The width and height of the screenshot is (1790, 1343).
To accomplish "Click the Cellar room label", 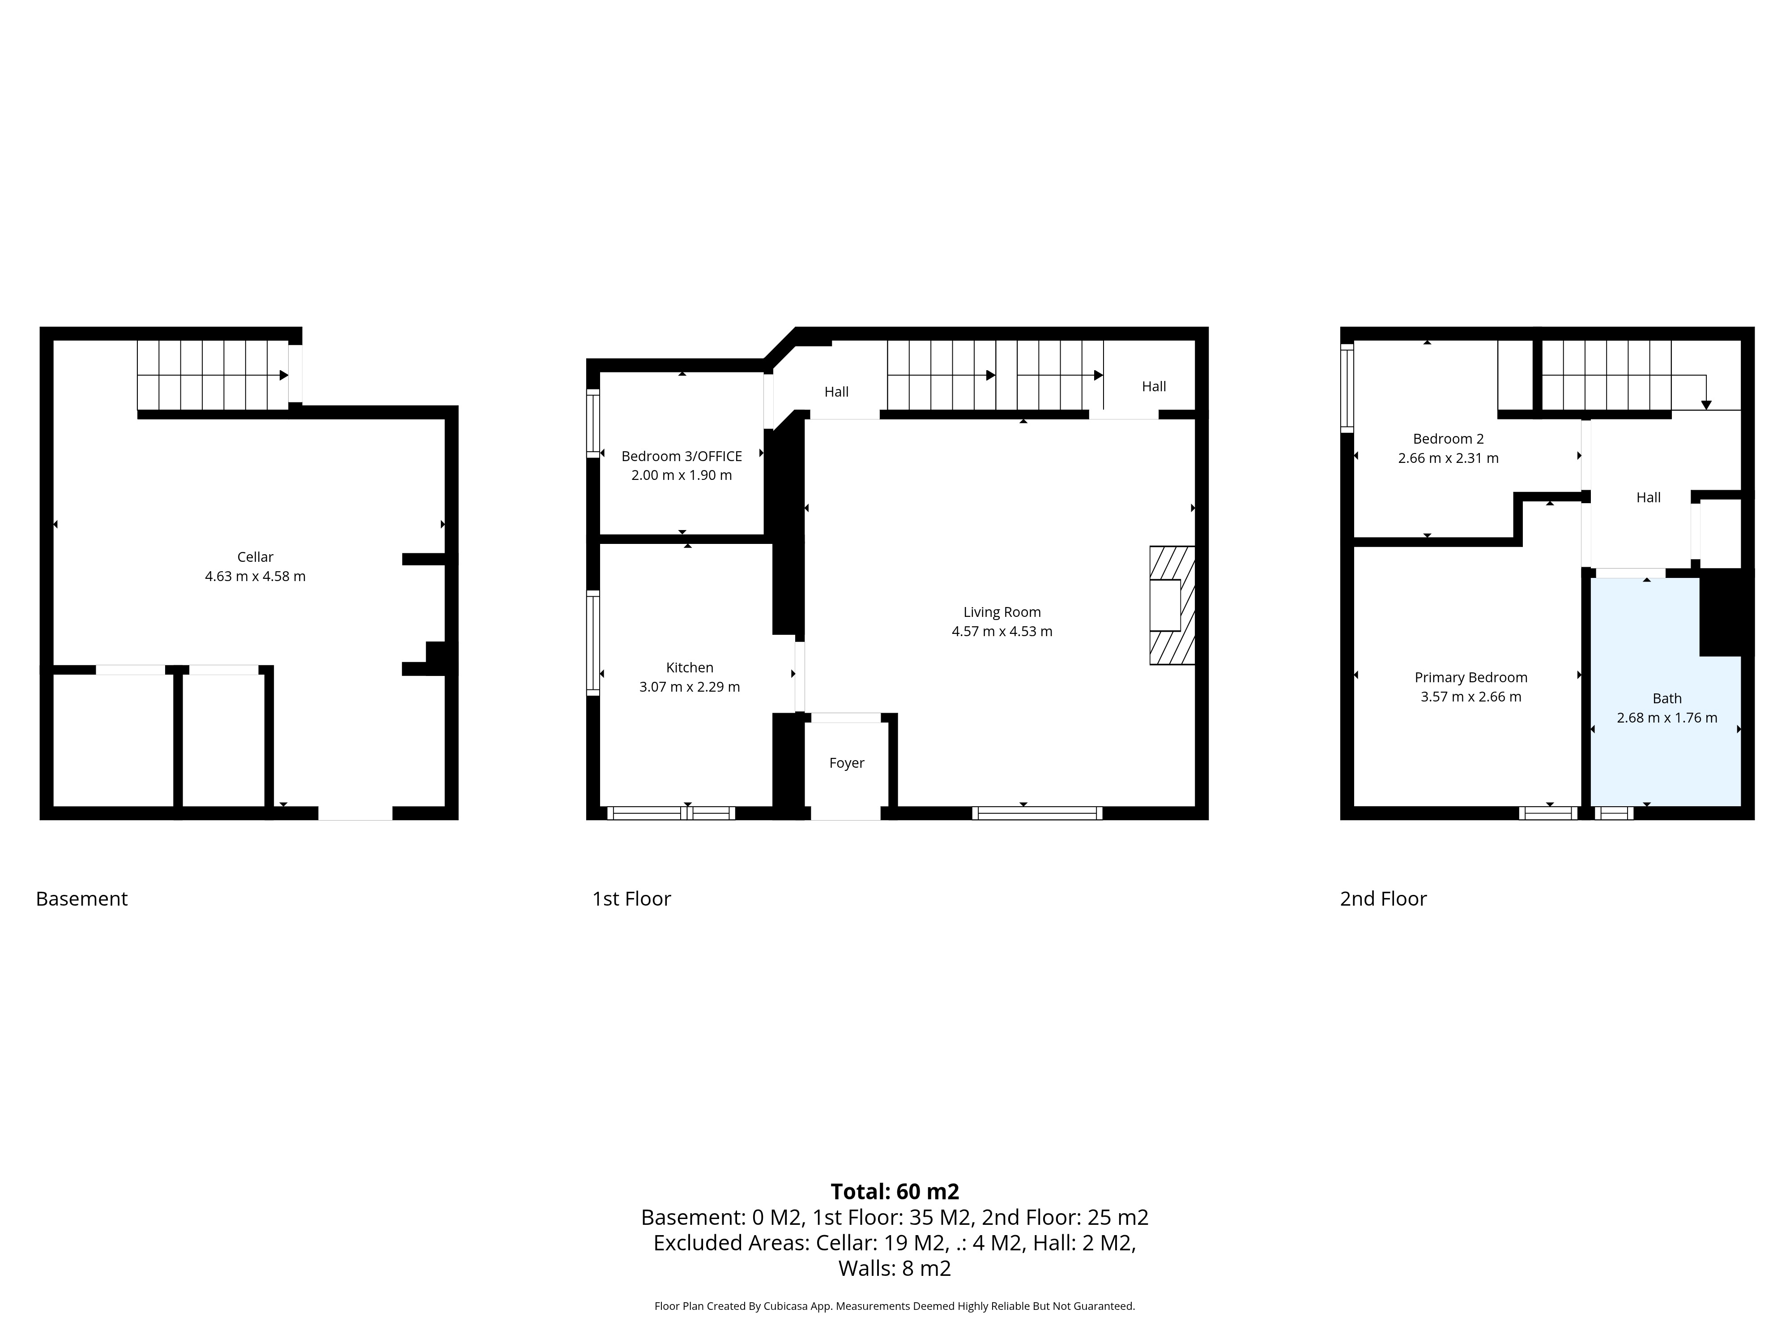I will tap(255, 557).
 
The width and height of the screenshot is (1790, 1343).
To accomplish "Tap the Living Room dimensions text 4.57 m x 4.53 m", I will tap(1002, 631).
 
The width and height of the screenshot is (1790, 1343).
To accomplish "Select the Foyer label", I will tap(847, 762).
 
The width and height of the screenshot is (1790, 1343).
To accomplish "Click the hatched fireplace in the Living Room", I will tap(1172, 606).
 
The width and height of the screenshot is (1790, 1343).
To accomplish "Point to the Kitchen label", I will tap(690, 667).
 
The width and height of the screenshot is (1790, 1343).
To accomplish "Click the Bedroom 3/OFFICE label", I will tap(682, 456).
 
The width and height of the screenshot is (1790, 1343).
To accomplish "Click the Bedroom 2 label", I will tap(1448, 439).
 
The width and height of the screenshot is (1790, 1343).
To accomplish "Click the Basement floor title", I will tap(82, 898).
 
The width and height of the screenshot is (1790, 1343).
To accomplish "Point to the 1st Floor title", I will tap(631, 898).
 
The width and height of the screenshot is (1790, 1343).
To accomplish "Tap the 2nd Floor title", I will tap(1383, 898).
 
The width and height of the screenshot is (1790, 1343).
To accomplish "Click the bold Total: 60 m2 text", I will tap(894, 1192).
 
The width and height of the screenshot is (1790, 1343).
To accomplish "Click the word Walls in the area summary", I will tap(864, 1269).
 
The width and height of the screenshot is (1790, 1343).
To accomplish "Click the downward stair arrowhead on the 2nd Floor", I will tap(1706, 405).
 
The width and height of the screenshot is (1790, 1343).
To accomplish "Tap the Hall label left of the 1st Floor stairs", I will tap(836, 392).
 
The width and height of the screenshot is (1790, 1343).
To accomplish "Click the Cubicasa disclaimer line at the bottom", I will tap(894, 1306).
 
